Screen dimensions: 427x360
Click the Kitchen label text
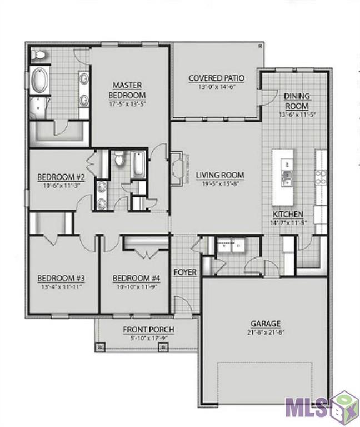(287, 214)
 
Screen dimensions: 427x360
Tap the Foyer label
(185, 272)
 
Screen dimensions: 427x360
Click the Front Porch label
(148, 330)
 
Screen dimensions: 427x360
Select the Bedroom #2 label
(60, 177)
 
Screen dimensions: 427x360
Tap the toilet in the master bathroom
(39, 55)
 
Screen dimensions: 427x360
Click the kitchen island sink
(287, 178)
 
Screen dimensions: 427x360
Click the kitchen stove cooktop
(321, 177)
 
